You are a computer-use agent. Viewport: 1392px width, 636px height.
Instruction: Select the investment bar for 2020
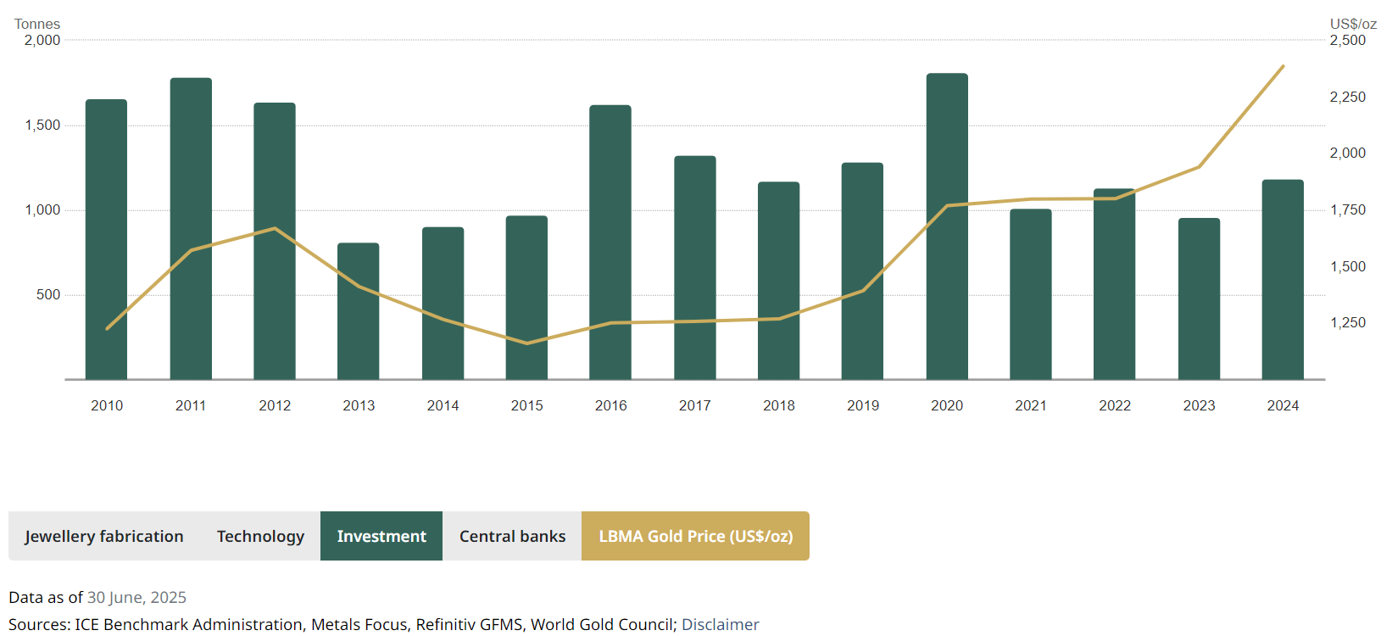[x=947, y=229]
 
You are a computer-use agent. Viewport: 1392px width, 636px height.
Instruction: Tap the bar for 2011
[x=191, y=229]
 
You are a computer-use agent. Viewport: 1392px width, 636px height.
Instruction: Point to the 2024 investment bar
[x=1283, y=280]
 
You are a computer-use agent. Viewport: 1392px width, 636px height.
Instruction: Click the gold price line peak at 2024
[x=1283, y=66]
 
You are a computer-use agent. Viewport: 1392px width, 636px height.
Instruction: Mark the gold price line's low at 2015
[x=526, y=343]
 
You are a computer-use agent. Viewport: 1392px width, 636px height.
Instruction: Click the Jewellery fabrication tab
[x=104, y=536]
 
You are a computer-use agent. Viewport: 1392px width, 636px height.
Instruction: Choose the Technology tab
[x=260, y=536]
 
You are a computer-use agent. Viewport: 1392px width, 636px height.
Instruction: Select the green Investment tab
[x=381, y=536]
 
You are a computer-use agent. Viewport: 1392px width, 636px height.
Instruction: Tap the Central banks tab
[x=512, y=536]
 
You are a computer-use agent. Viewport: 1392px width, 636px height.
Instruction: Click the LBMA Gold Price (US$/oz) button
[x=695, y=536]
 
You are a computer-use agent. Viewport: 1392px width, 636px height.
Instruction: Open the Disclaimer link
[x=721, y=625]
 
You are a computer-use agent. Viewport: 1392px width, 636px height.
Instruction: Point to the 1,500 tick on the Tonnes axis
[x=42, y=126]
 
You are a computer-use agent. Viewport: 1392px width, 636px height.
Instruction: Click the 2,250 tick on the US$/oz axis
[x=1348, y=98]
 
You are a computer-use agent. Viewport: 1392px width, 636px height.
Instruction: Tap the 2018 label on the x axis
[x=779, y=406]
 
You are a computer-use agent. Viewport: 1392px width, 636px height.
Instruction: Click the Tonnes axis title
[x=37, y=24]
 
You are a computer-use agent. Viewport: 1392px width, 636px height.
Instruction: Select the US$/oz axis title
[x=1353, y=24]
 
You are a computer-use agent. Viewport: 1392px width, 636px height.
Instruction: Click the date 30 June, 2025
[x=136, y=598]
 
